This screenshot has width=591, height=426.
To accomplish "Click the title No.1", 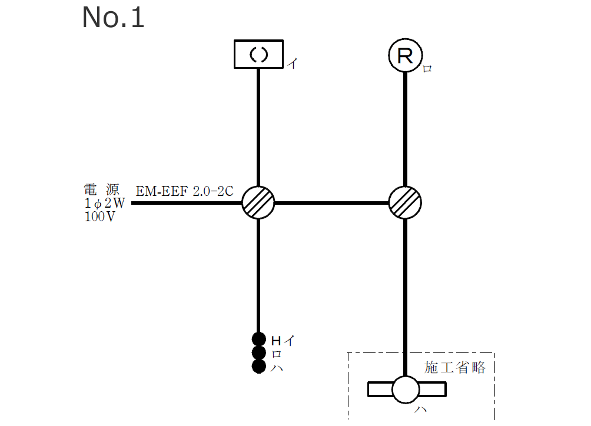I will (x=113, y=18).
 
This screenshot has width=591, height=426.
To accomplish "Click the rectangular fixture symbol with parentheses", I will (x=258, y=54).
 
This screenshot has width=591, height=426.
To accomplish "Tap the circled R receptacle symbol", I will (x=406, y=56).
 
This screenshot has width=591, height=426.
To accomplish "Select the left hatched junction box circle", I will (x=258, y=203).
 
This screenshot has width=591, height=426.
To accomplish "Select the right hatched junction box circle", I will (x=406, y=203).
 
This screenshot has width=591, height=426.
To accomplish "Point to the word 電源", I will (x=101, y=189).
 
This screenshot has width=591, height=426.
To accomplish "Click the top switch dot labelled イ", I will (x=258, y=339).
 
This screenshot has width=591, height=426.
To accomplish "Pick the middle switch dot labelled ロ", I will (x=258, y=353).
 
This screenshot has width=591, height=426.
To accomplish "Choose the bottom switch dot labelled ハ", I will (x=258, y=367).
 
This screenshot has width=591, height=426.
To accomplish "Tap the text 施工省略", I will (x=455, y=368).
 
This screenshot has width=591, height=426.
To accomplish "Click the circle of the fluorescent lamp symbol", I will (x=406, y=390).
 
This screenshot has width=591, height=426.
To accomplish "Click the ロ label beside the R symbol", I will (x=427, y=69).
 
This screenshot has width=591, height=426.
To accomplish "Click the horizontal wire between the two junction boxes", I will (x=332, y=203).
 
